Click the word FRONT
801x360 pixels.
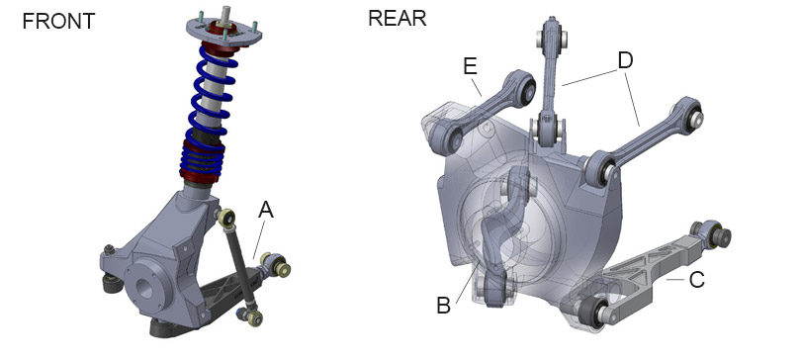58,22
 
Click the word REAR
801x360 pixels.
397,19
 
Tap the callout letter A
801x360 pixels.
266,210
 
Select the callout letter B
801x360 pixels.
444,306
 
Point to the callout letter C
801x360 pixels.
697,279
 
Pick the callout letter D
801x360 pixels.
625,60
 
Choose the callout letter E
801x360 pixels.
470,66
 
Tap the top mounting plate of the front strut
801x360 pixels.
223,32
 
